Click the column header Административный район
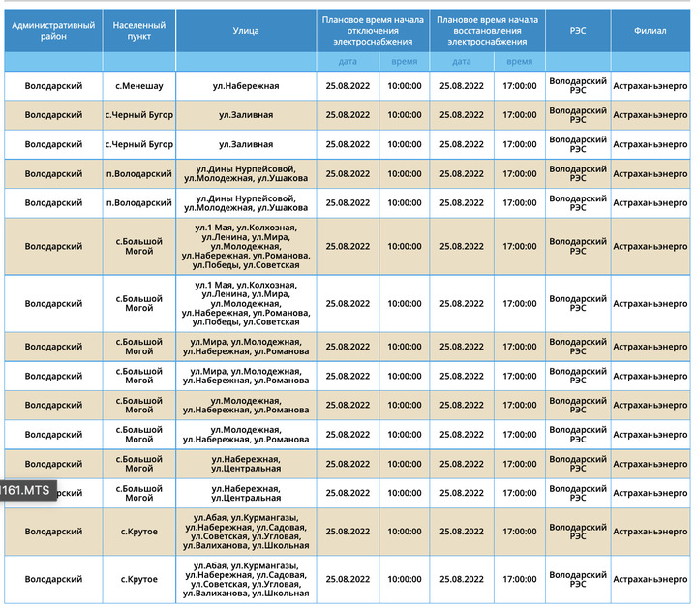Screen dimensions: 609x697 click(x=53, y=31)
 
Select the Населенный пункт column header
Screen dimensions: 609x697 click(x=139, y=31)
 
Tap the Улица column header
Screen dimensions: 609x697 click(x=246, y=31)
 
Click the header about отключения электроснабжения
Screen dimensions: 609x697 click(x=373, y=31)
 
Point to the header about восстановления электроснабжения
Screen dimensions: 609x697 click(x=487, y=31)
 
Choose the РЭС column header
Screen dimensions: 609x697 click(x=578, y=31)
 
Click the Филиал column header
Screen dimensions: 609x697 click(x=651, y=31)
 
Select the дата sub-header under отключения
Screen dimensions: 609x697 click(x=348, y=61)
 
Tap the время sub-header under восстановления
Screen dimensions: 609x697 click(x=519, y=61)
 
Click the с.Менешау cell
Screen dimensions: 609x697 click(x=139, y=86)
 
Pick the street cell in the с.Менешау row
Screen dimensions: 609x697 click(x=246, y=86)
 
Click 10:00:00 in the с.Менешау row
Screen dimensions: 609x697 click(x=405, y=86)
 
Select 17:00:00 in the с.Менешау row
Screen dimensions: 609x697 click(x=519, y=86)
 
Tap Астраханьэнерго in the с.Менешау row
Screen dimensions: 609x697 click(x=651, y=86)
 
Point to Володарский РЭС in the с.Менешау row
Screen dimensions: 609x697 click(x=578, y=86)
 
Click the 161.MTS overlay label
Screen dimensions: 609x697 click(x=29, y=490)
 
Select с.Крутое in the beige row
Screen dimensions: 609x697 click(x=139, y=532)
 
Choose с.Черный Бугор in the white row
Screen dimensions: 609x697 click(x=139, y=144)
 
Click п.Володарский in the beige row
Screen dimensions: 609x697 click(x=139, y=174)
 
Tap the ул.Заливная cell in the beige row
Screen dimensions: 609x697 click(x=246, y=115)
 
